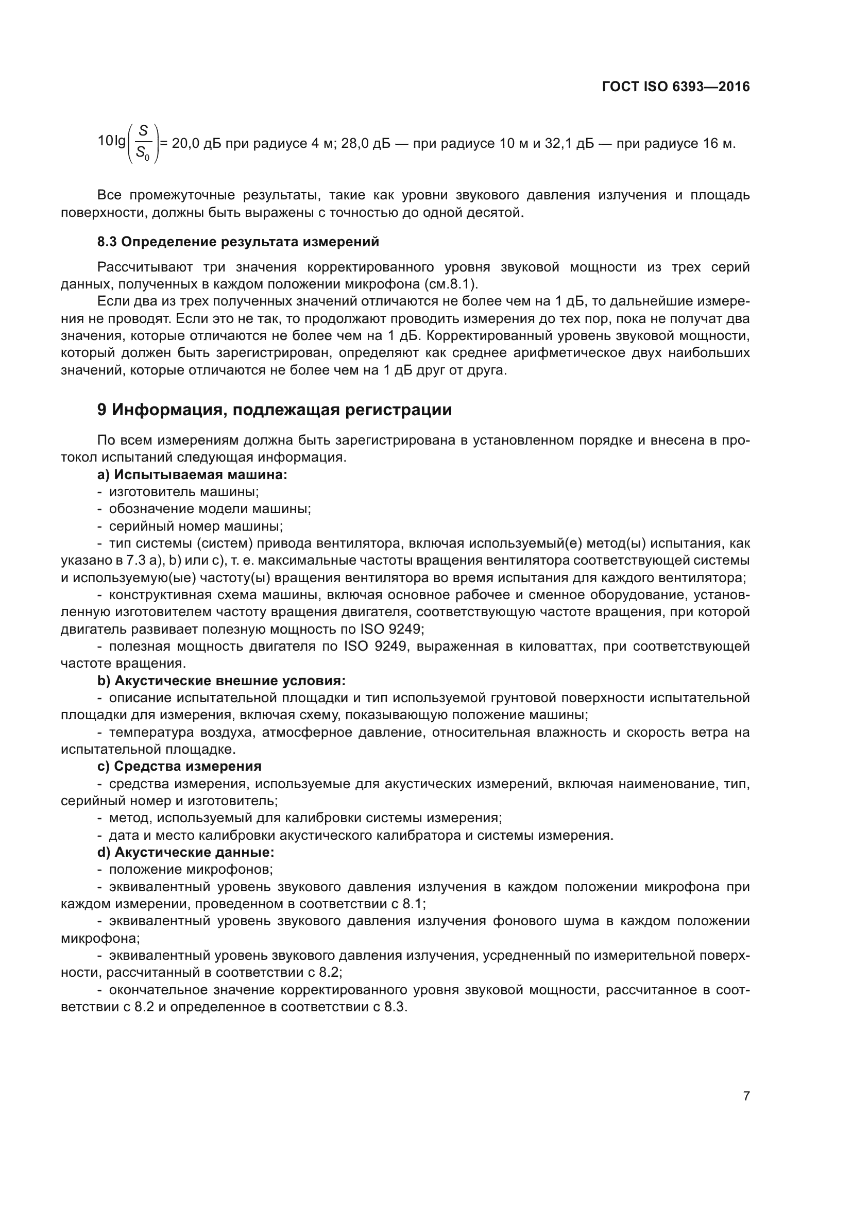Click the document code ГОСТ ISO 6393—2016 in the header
click(676, 87)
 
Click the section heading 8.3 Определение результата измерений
click(237, 242)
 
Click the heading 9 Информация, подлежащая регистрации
click(275, 410)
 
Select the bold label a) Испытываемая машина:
click(192, 474)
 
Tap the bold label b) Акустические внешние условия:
click(221, 681)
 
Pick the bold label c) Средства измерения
click(179, 766)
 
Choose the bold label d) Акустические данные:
click(186, 852)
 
